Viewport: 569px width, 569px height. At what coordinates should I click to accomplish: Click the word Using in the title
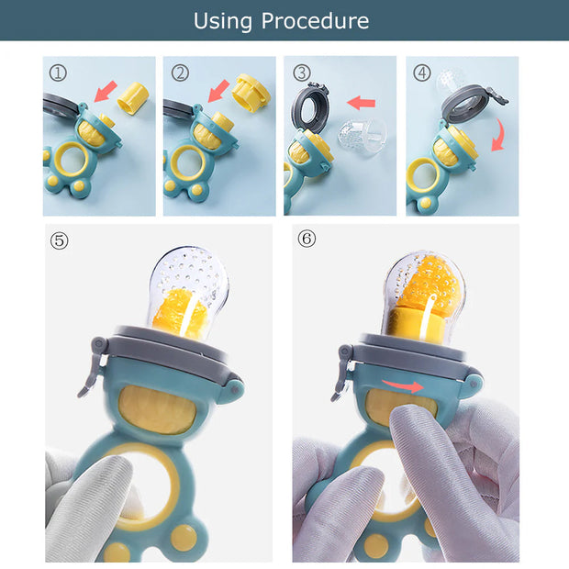pyautogui.click(x=222, y=21)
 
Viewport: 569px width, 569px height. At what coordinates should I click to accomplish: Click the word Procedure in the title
pyautogui.click(x=315, y=21)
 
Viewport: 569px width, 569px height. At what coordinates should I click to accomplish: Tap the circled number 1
pyautogui.click(x=58, y=73)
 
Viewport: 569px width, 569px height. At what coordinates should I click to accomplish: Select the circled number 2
pyautogui.click(x=180, y=73)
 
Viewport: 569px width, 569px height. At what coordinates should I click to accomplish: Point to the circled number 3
pyautogui.click(x=302, y=73)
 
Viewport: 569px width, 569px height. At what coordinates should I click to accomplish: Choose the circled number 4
pyautogui.click(x=422, y=73)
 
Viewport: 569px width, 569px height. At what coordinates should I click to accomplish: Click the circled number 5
pyautogui.click(x=59, y=240)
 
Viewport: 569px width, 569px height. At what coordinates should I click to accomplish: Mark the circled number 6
pyautogui.click(x=307, y=240)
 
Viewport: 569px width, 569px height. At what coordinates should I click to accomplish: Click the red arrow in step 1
pyautogui.click(x=106, y=91)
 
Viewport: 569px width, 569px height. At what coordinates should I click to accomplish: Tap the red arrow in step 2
pyautogui.click(x=218, y=91)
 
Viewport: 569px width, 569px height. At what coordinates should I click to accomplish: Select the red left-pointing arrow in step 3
pyautogui.click(x=361, y=103)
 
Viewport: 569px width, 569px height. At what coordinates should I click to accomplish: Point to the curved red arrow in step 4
pyautogui.click(x=500, y=135)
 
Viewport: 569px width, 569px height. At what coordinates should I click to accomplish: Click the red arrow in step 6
pyautogui.click(x=403, y=386)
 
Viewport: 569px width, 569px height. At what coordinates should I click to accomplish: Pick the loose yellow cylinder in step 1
pyautogui.click(x=133, y=98)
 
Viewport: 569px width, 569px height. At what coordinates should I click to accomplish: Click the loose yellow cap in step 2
pyautogui.click(x=251, y=93)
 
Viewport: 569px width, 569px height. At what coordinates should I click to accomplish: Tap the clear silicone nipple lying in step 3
pyautogui.click(x=363, y=138)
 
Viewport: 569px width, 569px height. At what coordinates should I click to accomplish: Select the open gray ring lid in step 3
pyautogui.click(x=310, y=106)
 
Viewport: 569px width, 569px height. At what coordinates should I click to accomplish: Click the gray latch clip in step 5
pyautogui.click(x=93, y=366)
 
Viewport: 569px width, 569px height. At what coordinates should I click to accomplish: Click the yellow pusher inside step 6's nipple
pyautogui.click(x=416, y=325)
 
